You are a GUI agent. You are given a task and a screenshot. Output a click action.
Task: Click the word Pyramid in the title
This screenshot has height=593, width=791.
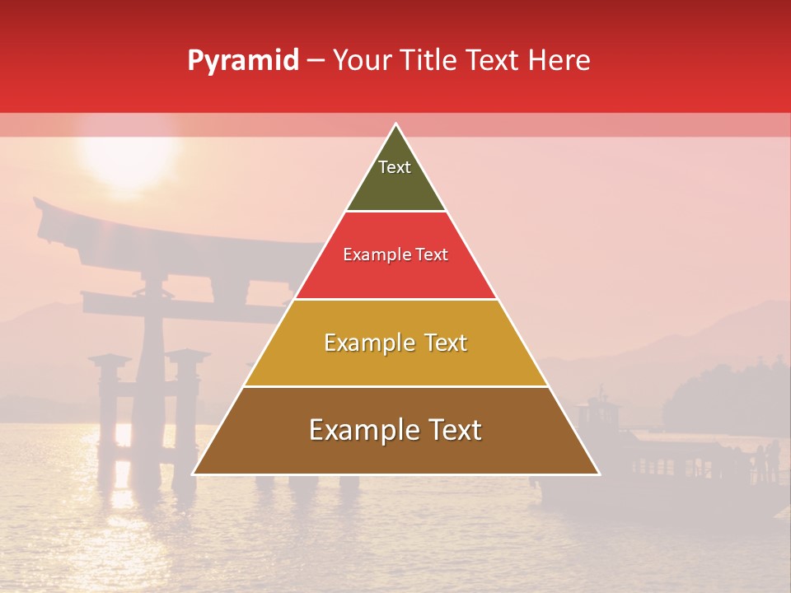click(242, 61)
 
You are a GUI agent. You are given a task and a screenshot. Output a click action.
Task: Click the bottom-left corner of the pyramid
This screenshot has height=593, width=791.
click(194, 474)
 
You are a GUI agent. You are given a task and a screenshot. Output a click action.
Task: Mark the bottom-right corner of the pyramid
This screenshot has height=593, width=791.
click(599, 474)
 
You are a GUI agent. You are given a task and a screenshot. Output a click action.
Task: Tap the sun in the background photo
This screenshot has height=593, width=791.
click(128, 152)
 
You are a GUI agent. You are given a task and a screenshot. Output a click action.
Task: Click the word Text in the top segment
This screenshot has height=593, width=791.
click(395, 167)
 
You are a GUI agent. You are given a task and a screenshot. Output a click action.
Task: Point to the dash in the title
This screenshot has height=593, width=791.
click(316, 61)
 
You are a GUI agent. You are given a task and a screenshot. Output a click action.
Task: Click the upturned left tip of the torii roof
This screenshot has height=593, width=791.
click(38, 201)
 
